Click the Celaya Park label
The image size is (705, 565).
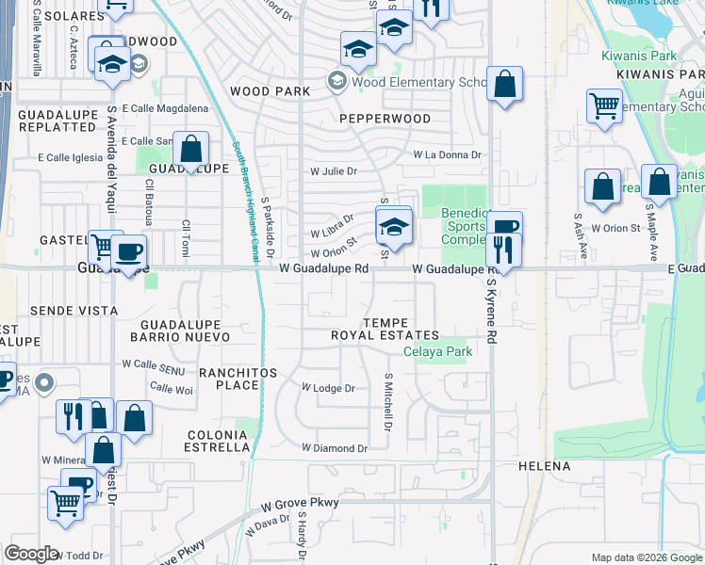436,352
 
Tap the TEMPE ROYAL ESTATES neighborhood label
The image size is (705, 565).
385,329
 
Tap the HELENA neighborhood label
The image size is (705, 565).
544,466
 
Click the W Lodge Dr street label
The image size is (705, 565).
327,388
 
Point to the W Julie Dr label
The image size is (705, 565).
335,171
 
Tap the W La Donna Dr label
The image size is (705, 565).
447,154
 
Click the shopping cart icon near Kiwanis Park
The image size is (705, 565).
604,105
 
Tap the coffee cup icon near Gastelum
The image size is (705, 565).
129,251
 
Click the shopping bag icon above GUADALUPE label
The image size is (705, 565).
190,149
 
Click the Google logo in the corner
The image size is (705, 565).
31,554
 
